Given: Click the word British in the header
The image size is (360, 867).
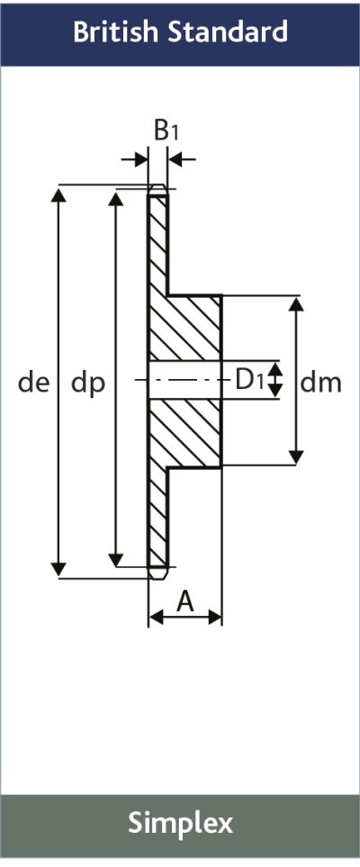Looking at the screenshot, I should [x=113, y=32].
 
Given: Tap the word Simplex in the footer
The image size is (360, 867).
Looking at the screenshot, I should [x=180, y=822].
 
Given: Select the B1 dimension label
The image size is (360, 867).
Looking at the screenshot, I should [x=166, y=131].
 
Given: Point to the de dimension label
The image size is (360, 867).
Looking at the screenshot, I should [x=33, y=383].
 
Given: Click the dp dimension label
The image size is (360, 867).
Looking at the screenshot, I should [x=88, y=384].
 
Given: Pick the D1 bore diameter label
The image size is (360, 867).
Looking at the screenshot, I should [x=249, y=380].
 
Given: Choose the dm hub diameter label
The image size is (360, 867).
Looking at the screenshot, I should [x=321, y=383].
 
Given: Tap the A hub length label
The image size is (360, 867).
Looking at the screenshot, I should [x=185, y=601].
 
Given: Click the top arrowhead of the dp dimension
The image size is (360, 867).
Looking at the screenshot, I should [x=115, y=197].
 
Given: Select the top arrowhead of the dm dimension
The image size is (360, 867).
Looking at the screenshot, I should [x=296, y=303].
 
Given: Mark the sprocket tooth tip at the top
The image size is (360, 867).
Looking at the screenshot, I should [x=157, y=191].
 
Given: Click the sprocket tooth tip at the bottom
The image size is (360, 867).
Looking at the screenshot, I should [x=157, y=572].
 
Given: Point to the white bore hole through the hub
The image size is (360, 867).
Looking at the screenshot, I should [x=184, y=382].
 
